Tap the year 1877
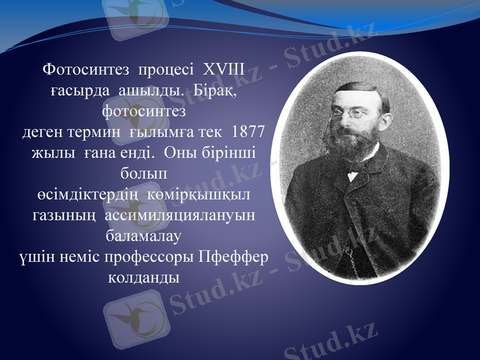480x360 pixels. tap(251, 131)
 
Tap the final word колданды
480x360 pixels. tap(144, 278)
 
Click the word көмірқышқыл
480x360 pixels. tap(203, 194)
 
